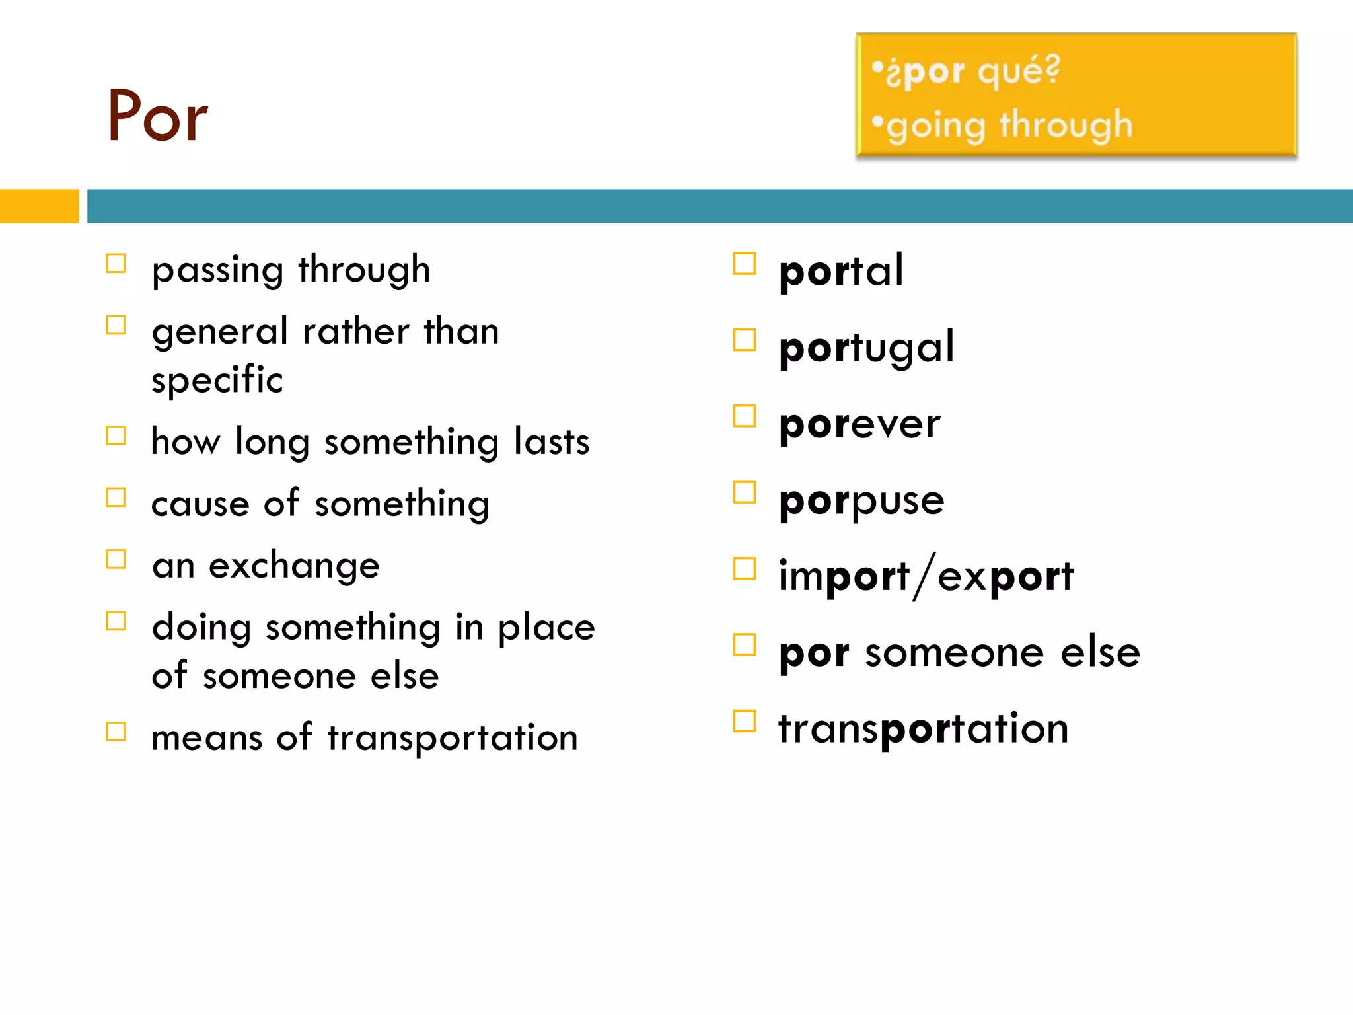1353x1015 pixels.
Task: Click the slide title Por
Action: click(x=157, y=116)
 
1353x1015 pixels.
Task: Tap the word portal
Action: click(x=840, y=271)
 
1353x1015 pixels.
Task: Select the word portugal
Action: click(x=866, y=348)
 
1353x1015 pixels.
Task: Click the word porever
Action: click(x=859, y=424)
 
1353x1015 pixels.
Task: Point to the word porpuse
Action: click(x=861, y=501)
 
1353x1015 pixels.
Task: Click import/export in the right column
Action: click(x=926, y=576)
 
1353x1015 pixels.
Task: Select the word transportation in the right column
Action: click(x=923, y=729)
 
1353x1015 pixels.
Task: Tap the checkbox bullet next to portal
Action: click(x=745, y=264)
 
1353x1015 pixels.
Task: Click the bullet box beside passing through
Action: click(x=116, y=264)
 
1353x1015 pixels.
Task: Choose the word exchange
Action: click(x=294, y=566)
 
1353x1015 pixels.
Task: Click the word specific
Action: click(x=217, y=380)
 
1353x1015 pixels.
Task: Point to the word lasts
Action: click(x=552, y=441)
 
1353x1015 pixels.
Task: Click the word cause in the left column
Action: click(x=200, y=504)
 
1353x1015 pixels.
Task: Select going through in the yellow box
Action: click(x=1009, y=126)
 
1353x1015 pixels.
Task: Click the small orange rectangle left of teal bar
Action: click(x=39, y=206)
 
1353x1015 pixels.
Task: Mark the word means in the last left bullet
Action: click(x=207, y=737)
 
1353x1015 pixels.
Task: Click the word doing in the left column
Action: click(x=201, y=628)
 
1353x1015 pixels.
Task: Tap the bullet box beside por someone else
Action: click(x=745, y=644)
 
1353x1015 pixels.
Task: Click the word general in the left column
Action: click(x=220, y=332)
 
